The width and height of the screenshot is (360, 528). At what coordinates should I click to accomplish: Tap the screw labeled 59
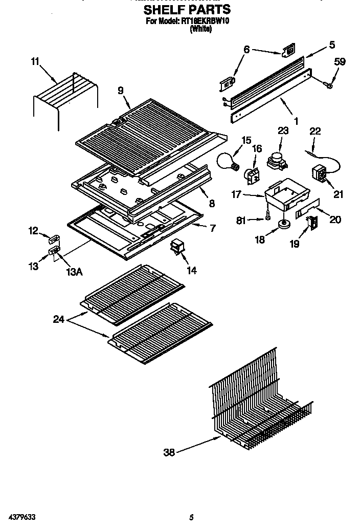(x=329, y=84)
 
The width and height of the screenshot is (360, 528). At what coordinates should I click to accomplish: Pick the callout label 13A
(x=73, y=272)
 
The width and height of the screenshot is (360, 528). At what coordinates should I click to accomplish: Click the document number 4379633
(x=21, y=517)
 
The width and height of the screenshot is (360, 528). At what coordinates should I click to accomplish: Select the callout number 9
(x=121, y=91)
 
